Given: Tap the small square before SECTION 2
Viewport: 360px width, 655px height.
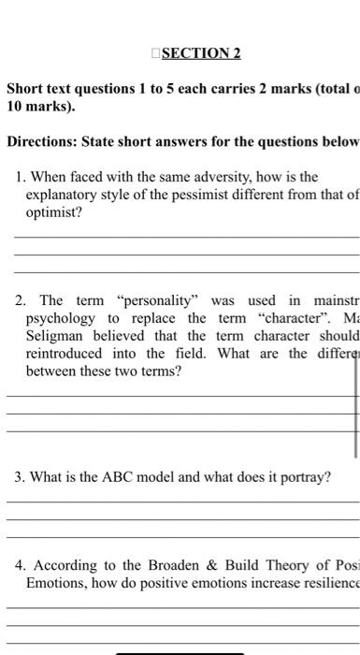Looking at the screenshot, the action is tap(156, 52).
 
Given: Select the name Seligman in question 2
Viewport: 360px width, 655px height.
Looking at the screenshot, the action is tap(54, 336).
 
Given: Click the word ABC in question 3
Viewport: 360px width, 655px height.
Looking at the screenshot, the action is tap(110, 477).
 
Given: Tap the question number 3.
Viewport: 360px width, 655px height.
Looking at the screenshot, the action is tap(20, 477).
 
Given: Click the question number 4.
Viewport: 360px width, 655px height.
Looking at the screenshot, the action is tap(20, 564).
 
